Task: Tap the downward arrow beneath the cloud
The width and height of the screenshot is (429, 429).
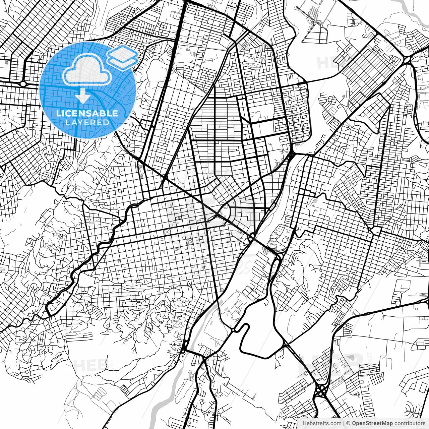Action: tap(82, 97)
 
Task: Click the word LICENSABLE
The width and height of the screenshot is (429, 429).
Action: tap(87, 113)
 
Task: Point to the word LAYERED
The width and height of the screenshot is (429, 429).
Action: tap(87, 122)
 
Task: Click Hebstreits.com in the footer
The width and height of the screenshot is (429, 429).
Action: tap(322, 423)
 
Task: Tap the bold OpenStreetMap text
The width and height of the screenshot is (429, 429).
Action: tap(372, 423)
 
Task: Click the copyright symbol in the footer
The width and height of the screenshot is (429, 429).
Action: tap(348, 423)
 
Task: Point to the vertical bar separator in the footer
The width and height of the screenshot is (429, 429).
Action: tap(344, 423)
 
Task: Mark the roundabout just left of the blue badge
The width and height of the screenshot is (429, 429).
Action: tap(23, 83)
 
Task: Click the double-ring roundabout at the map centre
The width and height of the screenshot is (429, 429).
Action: tap(251, 238)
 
